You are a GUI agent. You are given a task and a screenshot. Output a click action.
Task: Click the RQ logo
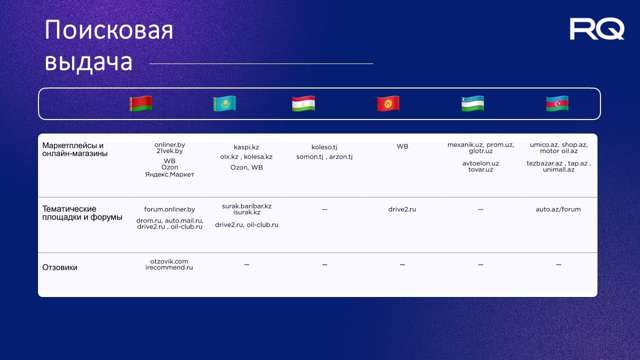click(597, 28)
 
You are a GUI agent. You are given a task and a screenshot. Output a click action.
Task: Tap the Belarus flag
click(140, 103)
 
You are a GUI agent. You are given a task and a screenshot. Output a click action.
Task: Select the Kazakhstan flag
click(224, 103)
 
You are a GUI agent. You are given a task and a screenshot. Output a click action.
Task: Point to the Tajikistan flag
click(303, 103)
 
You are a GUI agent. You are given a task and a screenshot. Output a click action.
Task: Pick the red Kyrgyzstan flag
click(388, 103)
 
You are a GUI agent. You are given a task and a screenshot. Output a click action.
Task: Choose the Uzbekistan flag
click(472, 103)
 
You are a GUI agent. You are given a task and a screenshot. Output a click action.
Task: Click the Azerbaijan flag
click(557, 103)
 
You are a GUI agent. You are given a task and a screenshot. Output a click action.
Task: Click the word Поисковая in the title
click(109, 30)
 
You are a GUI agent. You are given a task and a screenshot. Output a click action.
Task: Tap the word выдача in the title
click(88, 61)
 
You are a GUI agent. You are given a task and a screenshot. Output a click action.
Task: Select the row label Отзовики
click(59, 267)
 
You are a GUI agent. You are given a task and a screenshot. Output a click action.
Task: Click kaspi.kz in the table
click(246, 147)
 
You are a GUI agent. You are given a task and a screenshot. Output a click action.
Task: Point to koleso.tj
click(324, 147)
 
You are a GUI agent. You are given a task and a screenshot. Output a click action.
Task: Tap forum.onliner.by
click(169, 209)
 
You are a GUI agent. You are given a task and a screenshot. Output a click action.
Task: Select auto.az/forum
click(558, 209)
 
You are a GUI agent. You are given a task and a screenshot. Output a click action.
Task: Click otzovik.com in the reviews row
click(169, 261)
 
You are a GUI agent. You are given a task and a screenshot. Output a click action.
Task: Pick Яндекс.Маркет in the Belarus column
click(169, 174)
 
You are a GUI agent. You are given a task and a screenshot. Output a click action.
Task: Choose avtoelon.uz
click(480, 163)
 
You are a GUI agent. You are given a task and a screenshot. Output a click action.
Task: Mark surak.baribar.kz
click(247, 206)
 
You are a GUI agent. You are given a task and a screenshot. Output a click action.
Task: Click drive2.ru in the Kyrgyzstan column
click(402, 209)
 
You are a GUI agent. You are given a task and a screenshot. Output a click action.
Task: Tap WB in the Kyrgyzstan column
click(402, 146)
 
